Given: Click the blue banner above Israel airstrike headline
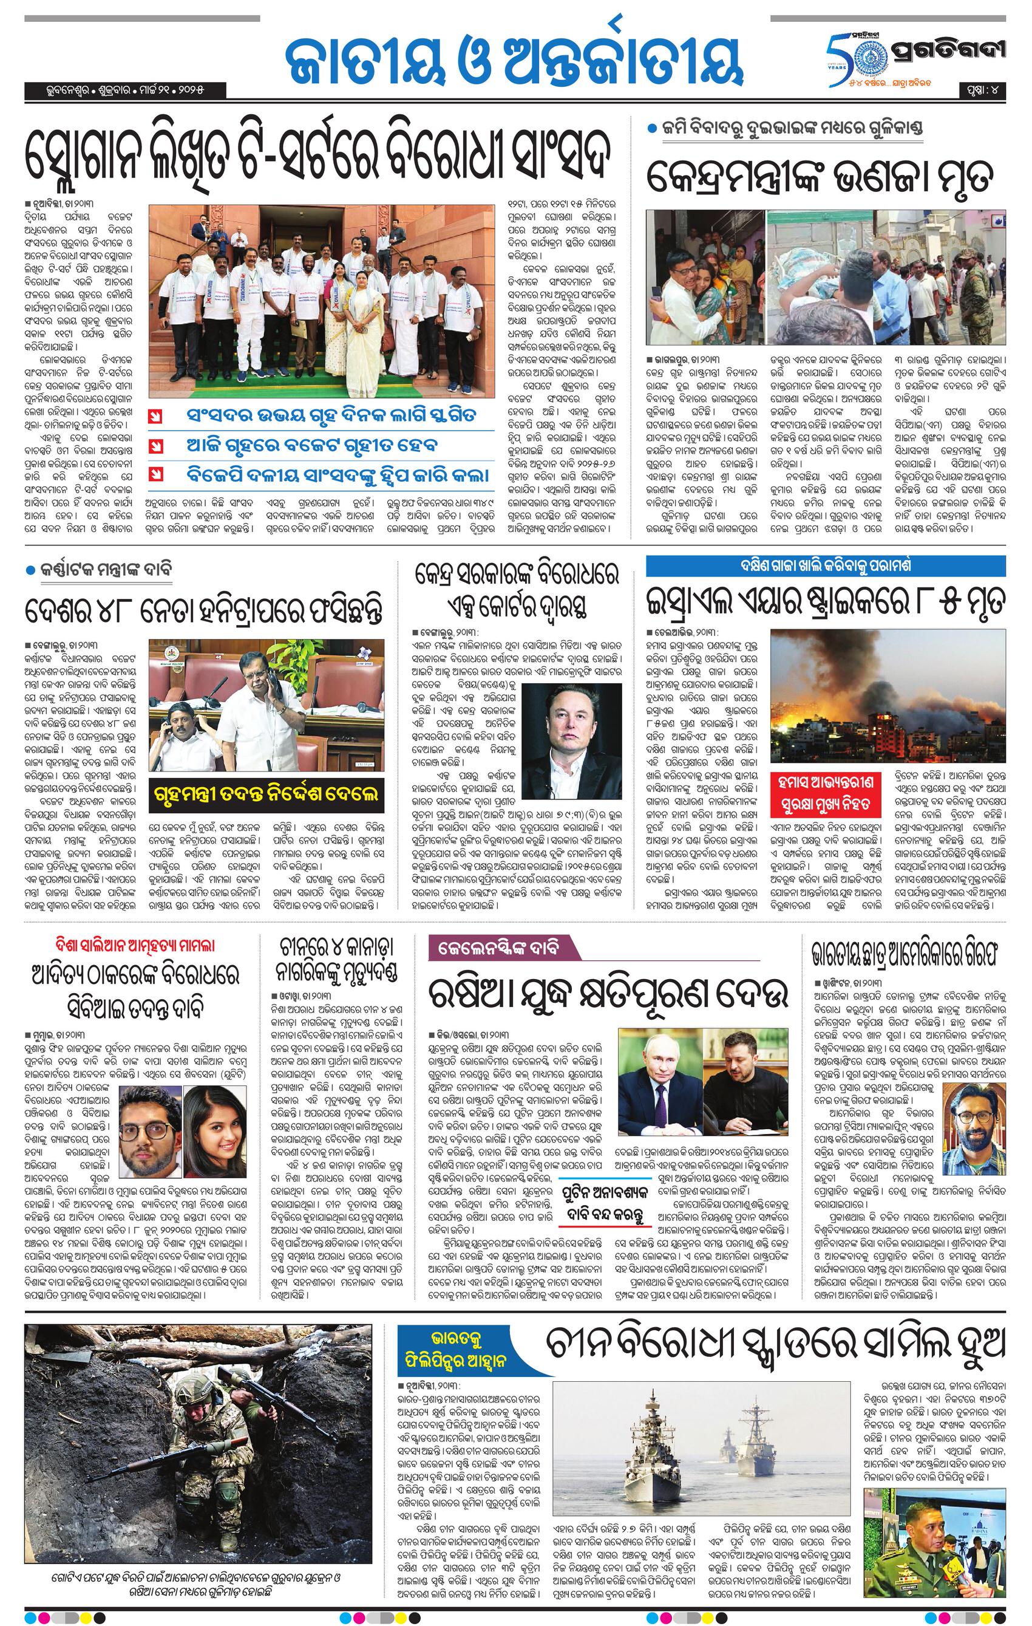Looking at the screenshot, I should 826,565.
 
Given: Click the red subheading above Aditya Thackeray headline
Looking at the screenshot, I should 135,945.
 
